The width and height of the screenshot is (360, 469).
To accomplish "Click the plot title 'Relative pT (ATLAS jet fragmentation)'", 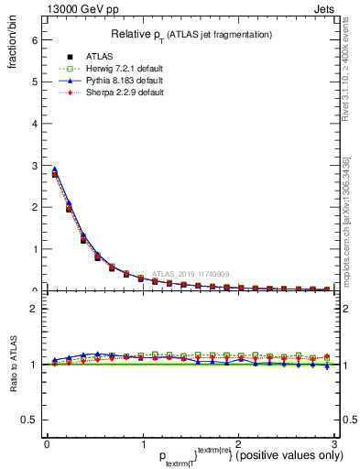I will pos(191,34).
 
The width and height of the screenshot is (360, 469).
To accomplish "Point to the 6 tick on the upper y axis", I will pos(33,39).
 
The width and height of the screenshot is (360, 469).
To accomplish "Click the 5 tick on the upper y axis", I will pos(33,82).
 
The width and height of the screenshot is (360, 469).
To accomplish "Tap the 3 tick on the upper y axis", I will pos(33,165).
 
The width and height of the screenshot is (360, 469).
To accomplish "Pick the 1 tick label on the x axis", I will pos(142,443).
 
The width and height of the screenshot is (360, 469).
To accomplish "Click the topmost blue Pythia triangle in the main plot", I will pos(54,169).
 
